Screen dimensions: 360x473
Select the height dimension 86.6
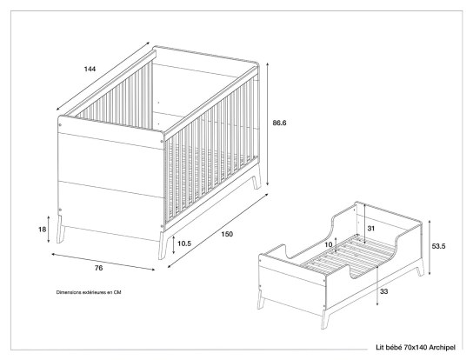279,123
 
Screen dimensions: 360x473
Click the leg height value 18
42,229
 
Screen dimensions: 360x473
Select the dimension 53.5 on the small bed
439,246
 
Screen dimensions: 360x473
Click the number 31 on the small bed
372,229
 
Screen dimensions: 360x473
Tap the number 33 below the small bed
383,292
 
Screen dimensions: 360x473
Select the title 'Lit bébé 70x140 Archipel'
414,347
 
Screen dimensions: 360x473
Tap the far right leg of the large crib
254,183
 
